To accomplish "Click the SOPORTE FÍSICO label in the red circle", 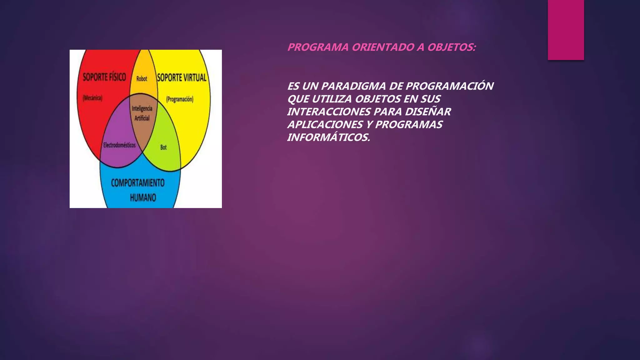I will coord(104,77).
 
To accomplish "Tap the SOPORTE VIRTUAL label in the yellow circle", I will coord(182,77).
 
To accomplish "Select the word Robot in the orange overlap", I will coord(142,79).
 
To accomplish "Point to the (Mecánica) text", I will coord(92,98).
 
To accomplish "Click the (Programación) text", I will coord(180,99).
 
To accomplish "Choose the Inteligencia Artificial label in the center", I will coord(142,113).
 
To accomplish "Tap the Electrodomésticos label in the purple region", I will coord(119,145).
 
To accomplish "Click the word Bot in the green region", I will coord(163,147).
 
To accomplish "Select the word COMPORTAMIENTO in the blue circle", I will coord(137,183).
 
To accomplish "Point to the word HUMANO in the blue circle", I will coord(143,197).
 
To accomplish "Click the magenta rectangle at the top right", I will coord(566,30).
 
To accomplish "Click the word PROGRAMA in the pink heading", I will coord(318,47).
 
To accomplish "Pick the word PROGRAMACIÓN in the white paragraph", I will coord(449,86).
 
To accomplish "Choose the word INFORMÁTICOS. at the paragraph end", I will coord(328,137).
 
